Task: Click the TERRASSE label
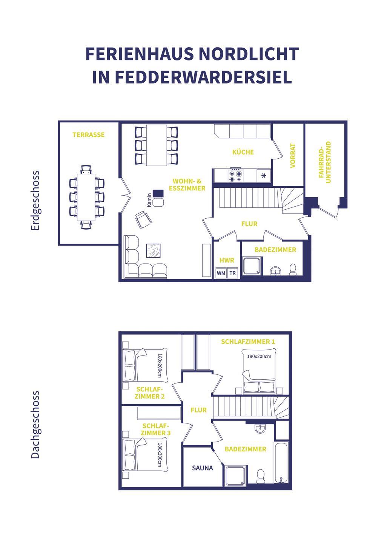(x=89, y=135)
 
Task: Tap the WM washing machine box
(x=221, y=273)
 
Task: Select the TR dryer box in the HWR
(x=233, y=273)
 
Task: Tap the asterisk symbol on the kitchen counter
(x=264, y=176)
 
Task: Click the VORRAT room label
(x=293, y=156)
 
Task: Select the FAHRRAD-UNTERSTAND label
(x=325, y=162)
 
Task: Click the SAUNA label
(x=203, y=468)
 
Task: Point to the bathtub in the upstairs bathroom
(x=281, y=463)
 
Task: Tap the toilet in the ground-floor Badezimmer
(x=293, y=270)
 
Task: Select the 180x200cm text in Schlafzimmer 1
(x=259, y=357)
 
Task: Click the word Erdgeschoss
(x=35, y=201)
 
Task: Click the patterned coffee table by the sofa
(x=153, y=250)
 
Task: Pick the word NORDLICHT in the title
(x=249, y=54)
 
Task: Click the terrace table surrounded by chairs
(x=86, y=197)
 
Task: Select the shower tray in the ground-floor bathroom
(x=252, y=266)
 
